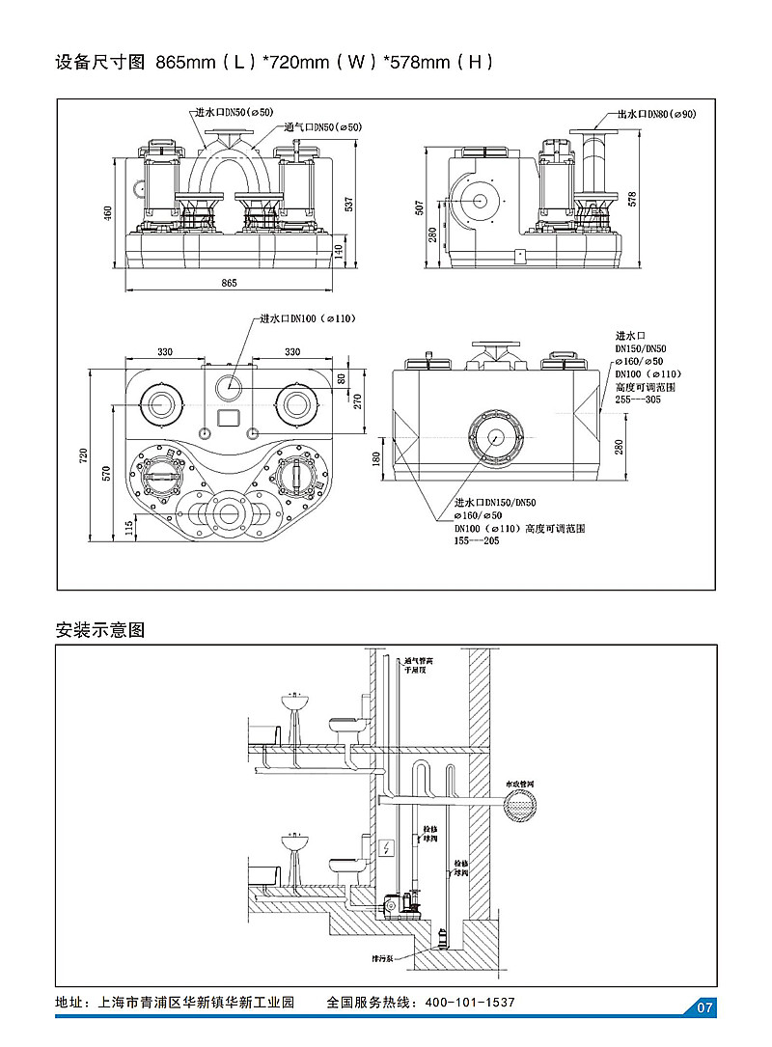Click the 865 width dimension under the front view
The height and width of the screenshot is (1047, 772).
pyautogui.click(x=229, y=283)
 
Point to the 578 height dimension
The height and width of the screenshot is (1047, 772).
pyautogui.click(x=633, y=199)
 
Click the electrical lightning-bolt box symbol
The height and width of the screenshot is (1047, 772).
pyautogui.click(x=386, y=848)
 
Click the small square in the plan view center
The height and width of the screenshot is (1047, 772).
pyautogui.click(x=229, y=419)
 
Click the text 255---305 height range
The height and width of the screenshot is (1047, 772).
pyautogui.click(x=638, y=399)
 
